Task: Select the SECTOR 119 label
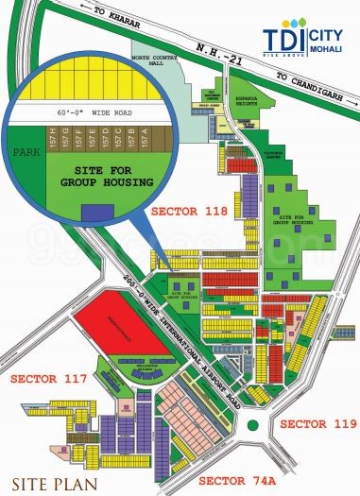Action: coord(318,422)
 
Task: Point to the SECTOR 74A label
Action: coord(240,481)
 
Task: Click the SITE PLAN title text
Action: coord(47,477)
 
